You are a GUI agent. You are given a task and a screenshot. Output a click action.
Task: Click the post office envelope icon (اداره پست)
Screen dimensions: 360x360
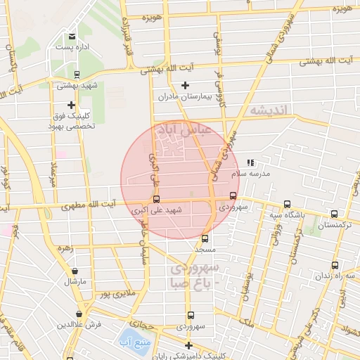pos(72,37)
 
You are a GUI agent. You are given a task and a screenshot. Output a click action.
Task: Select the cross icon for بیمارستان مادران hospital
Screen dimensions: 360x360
pos(185,86)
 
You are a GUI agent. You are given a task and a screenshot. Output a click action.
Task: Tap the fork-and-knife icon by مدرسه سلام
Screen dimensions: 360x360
pos(250,162)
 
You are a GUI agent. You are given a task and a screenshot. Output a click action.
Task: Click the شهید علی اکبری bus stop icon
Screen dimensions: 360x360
pos(156,199)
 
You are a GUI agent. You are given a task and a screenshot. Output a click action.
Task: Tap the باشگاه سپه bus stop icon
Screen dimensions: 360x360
pos(287,204)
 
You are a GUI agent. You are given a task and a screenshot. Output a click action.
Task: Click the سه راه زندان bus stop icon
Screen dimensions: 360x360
pos(334,266)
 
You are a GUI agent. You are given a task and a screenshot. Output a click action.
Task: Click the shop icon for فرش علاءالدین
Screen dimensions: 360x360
pos(79,314)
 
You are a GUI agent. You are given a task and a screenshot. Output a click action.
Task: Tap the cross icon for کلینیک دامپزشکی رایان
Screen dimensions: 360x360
pos(188,345)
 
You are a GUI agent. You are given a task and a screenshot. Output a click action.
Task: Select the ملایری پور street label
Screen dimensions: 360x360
pos(115,291)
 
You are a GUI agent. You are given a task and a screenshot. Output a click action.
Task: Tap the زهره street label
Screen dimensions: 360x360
pos(65,248)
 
